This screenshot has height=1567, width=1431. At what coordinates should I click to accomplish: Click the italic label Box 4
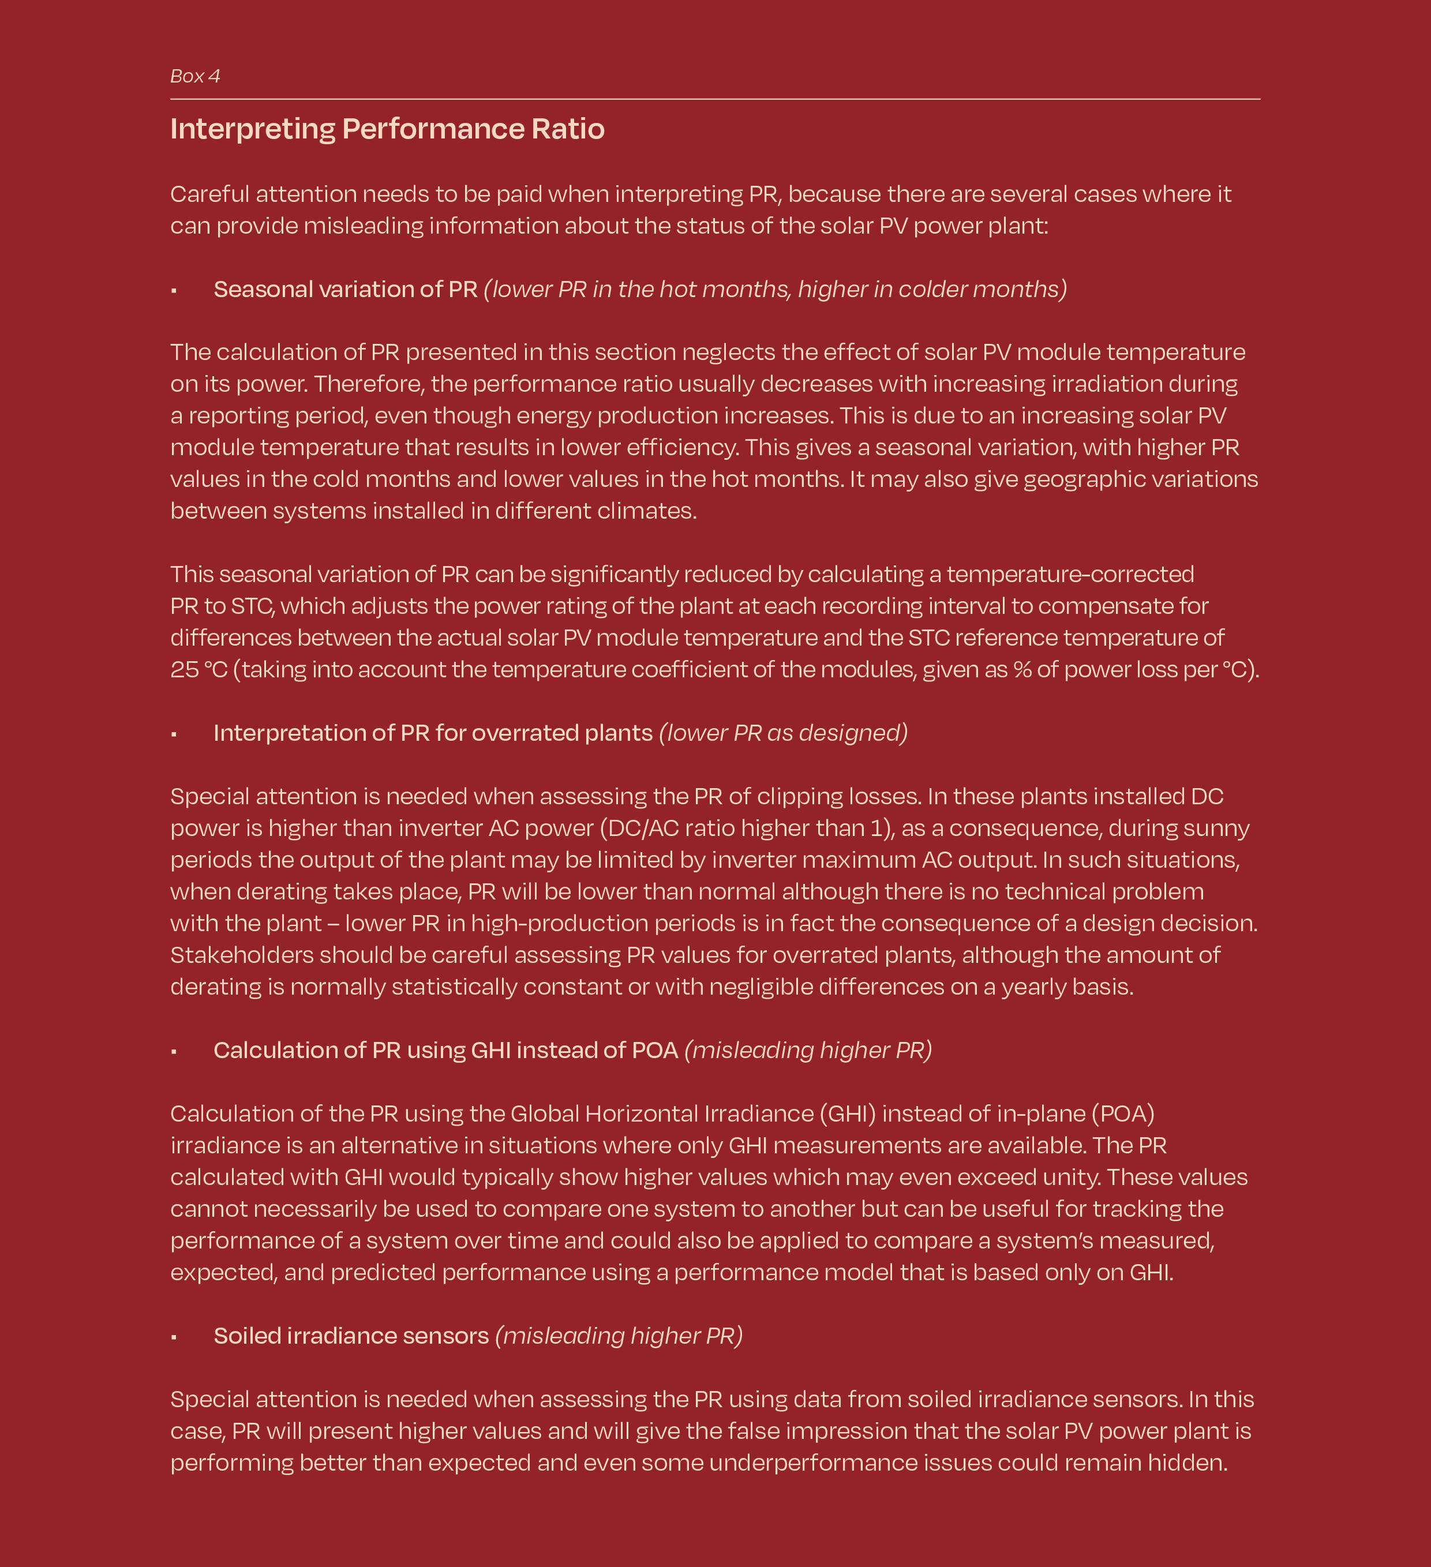point(194,76)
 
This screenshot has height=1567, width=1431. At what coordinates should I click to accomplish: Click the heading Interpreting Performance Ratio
point(387,129)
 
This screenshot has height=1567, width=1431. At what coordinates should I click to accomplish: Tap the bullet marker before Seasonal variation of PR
point(174,291)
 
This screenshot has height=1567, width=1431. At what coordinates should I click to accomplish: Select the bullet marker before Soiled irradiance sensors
point(174,1337)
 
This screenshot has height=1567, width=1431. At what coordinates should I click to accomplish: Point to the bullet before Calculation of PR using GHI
point(174,1052)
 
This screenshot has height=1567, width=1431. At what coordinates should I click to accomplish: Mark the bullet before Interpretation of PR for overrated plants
point(174,734)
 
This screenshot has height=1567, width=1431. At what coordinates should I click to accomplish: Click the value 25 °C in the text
point(198,669)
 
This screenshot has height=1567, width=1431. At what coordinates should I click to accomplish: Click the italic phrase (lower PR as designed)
point(783,733)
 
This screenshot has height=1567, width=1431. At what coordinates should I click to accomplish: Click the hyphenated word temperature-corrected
point(1070,575)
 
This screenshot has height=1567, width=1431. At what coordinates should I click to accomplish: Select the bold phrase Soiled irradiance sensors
point(351,1336)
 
